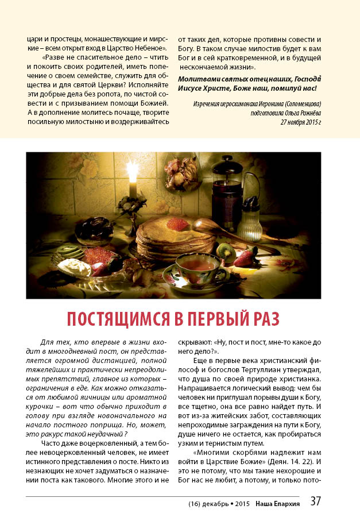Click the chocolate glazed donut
coord(95,229)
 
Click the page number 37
coord(315,501)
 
